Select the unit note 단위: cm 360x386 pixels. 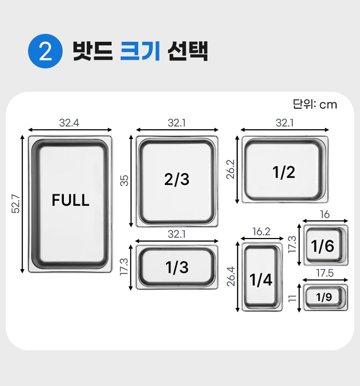[x=315, y=104]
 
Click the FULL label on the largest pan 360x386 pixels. [x=70, y=200]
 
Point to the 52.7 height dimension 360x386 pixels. [x=15, y=204]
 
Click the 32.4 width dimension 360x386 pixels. [x=69, y=123]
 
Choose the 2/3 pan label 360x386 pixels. [x=177, y=179]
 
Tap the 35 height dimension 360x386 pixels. [x=124, y=181]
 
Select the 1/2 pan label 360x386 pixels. [x=284, y=172]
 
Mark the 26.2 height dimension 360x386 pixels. [x=231, y=169]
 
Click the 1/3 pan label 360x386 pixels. [x=177, y=268]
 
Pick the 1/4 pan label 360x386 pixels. [x=261, y=280]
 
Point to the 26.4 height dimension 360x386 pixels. [x=231, y=276]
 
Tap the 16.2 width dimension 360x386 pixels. [x=261, y=232]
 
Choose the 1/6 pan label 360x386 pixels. [x=323, y=246]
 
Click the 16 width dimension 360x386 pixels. [x=325, y=215]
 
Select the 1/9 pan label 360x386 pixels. [x=324, y=297]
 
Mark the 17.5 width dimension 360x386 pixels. [x=325, y=273]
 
